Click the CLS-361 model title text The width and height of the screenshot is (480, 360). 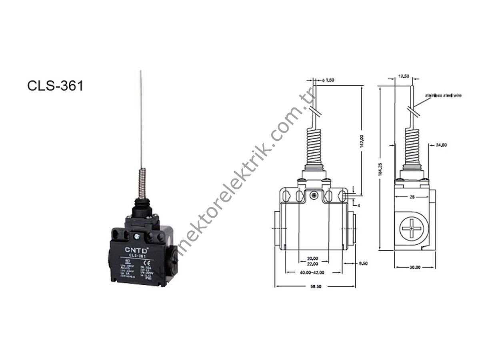pyautogui.click(x=55, y=86)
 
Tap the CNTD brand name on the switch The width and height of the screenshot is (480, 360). pyautogui.click(x=137, y=250)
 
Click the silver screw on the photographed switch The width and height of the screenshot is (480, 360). pyautogui.click(x=137, y=237)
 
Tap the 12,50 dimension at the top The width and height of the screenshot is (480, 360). pyautogui.click(x=404, y=76)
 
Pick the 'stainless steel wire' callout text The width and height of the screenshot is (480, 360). pyautogui.click(x=443, y=96)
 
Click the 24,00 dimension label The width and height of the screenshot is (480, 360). pyautogui.click(x=442, y=145)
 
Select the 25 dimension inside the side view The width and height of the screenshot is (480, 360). pyautogui.click(x=412, y=197)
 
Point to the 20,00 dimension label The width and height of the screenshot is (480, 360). pyautogui.click(x=313, y=258)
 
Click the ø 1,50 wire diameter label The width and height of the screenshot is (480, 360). pyautogui.click(x=328, y=80)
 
